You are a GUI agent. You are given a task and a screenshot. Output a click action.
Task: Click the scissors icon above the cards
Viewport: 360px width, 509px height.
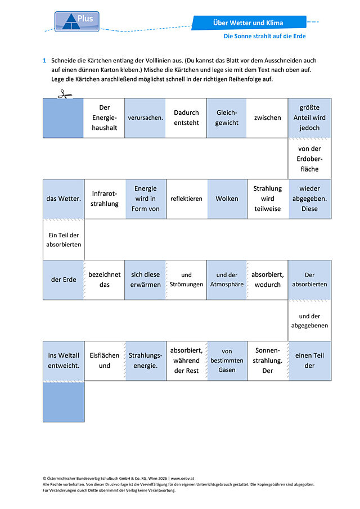tap(65, 94)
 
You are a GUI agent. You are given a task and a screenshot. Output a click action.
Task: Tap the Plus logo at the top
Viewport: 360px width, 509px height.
tap(77, 21)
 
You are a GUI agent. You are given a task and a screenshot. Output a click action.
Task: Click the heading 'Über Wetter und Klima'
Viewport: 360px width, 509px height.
tap(248, 22)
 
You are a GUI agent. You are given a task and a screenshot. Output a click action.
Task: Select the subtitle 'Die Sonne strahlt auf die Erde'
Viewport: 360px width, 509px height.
tap(264, 36)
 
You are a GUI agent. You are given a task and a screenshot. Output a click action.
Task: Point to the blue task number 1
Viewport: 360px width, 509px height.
tap(44, 60)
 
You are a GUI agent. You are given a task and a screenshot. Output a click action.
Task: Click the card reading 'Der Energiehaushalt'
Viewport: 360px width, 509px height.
tap(104, 118)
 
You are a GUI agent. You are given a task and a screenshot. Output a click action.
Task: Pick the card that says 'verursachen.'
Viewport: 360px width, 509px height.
tap(145, 118)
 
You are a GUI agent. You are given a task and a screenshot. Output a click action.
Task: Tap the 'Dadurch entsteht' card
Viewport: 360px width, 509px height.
tap(186, 118)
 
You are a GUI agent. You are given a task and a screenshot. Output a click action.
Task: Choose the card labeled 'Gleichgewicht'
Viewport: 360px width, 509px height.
tap(227, 118)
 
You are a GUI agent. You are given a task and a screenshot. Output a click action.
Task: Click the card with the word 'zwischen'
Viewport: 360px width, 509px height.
tap(268, 118)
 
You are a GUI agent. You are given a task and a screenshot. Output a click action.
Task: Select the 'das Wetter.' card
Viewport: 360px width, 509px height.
tap(64, 199)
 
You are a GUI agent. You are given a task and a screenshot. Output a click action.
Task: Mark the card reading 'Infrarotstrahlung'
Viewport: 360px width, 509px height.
tap(105, 199)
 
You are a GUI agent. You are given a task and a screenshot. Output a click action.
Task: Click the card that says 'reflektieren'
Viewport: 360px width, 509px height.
tap(186, 199)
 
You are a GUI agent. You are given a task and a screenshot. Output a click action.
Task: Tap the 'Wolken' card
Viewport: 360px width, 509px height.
tap(227, 199)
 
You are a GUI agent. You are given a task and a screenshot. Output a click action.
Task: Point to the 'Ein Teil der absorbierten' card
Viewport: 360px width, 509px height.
tap(64, 240)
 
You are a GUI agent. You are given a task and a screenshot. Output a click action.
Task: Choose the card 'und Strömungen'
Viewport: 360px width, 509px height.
tap(186, 280)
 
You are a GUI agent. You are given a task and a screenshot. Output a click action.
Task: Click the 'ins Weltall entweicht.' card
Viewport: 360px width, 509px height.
tap(64, 361)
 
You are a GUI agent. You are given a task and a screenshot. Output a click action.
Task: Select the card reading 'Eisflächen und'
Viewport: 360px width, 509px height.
tap(105, 361)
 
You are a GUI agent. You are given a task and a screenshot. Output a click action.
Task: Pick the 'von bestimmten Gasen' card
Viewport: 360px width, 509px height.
tap(227, 361)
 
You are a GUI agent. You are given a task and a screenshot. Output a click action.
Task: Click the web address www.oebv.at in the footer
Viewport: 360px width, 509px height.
tap(182, 478)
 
